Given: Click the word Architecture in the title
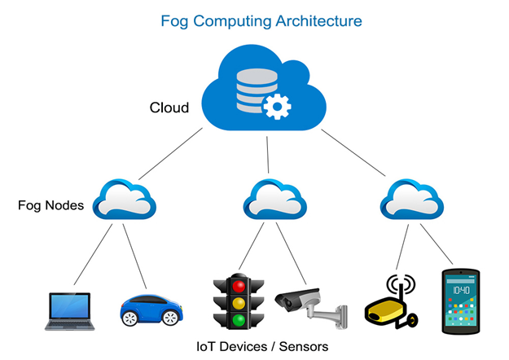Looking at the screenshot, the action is (x=318, y=21).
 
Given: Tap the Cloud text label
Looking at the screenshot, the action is (x=169, y=108).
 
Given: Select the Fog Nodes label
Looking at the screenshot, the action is (x=51, y=205).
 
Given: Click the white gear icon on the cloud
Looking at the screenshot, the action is (x=277, y=107).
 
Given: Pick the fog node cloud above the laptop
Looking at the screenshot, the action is (x=125, y=199).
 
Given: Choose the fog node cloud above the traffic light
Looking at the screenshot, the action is (x=275, y=199).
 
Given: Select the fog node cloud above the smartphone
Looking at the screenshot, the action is (x=412, y=199).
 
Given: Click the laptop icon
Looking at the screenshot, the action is (x=69, y=311).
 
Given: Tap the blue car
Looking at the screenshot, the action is (x=151, y=310).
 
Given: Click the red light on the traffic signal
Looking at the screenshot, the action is (x=239, y=287).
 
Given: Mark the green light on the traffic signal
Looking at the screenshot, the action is (x=239, y=320).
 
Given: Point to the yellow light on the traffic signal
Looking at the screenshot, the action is (x=239, y=303).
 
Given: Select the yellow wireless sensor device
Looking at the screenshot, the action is (x=392, y=302).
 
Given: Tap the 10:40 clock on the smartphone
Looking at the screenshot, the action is (x=461, y=290).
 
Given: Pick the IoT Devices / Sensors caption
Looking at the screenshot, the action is (x=262, y=347).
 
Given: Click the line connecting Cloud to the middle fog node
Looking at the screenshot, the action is (x=268, y=155).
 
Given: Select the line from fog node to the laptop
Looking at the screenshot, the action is (x=93, y=254).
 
